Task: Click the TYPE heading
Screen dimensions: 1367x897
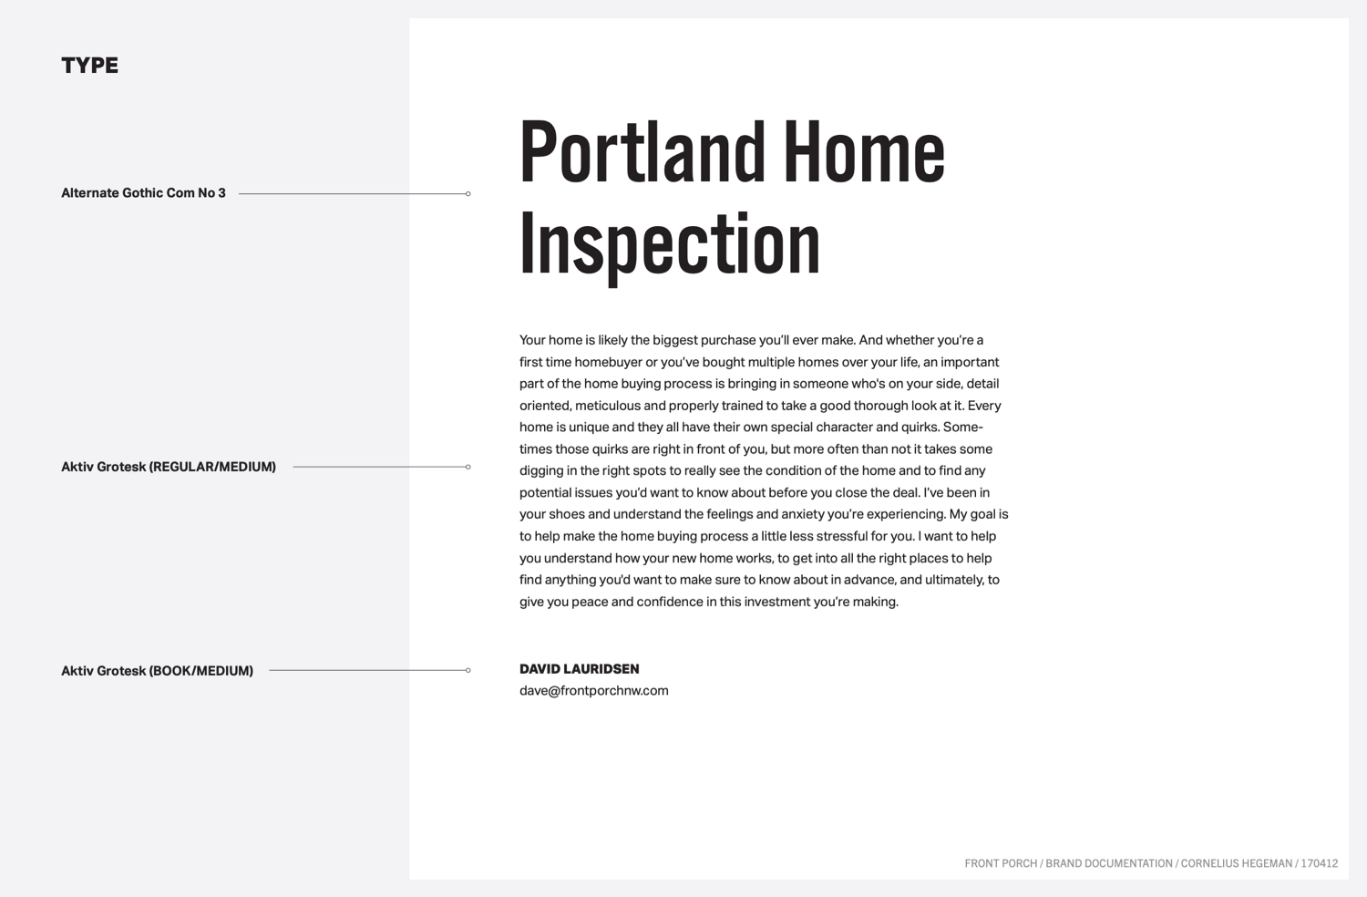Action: point(89,66)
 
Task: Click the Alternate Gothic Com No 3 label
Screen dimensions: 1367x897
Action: point(143,193)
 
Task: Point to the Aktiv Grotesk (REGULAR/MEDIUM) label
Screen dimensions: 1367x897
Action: point(169,467)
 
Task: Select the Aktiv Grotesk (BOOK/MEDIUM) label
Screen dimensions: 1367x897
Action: point(157,671)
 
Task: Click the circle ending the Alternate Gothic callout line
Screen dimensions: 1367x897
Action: point(468,193)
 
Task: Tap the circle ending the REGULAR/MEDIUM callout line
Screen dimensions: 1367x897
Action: point(468,467)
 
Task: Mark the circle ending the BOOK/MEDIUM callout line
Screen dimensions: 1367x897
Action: point(468,670)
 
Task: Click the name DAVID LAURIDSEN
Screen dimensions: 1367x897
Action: point(579,669)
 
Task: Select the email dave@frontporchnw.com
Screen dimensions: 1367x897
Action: point(594,691)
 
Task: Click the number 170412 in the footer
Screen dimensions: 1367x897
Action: point(1320,863)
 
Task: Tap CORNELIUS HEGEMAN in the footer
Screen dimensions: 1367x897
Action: point(1237,863)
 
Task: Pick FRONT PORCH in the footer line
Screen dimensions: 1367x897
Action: point(1001,863)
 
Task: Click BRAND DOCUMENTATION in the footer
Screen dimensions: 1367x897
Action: point(1109,863)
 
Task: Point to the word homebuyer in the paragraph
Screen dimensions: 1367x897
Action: point(608,363)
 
